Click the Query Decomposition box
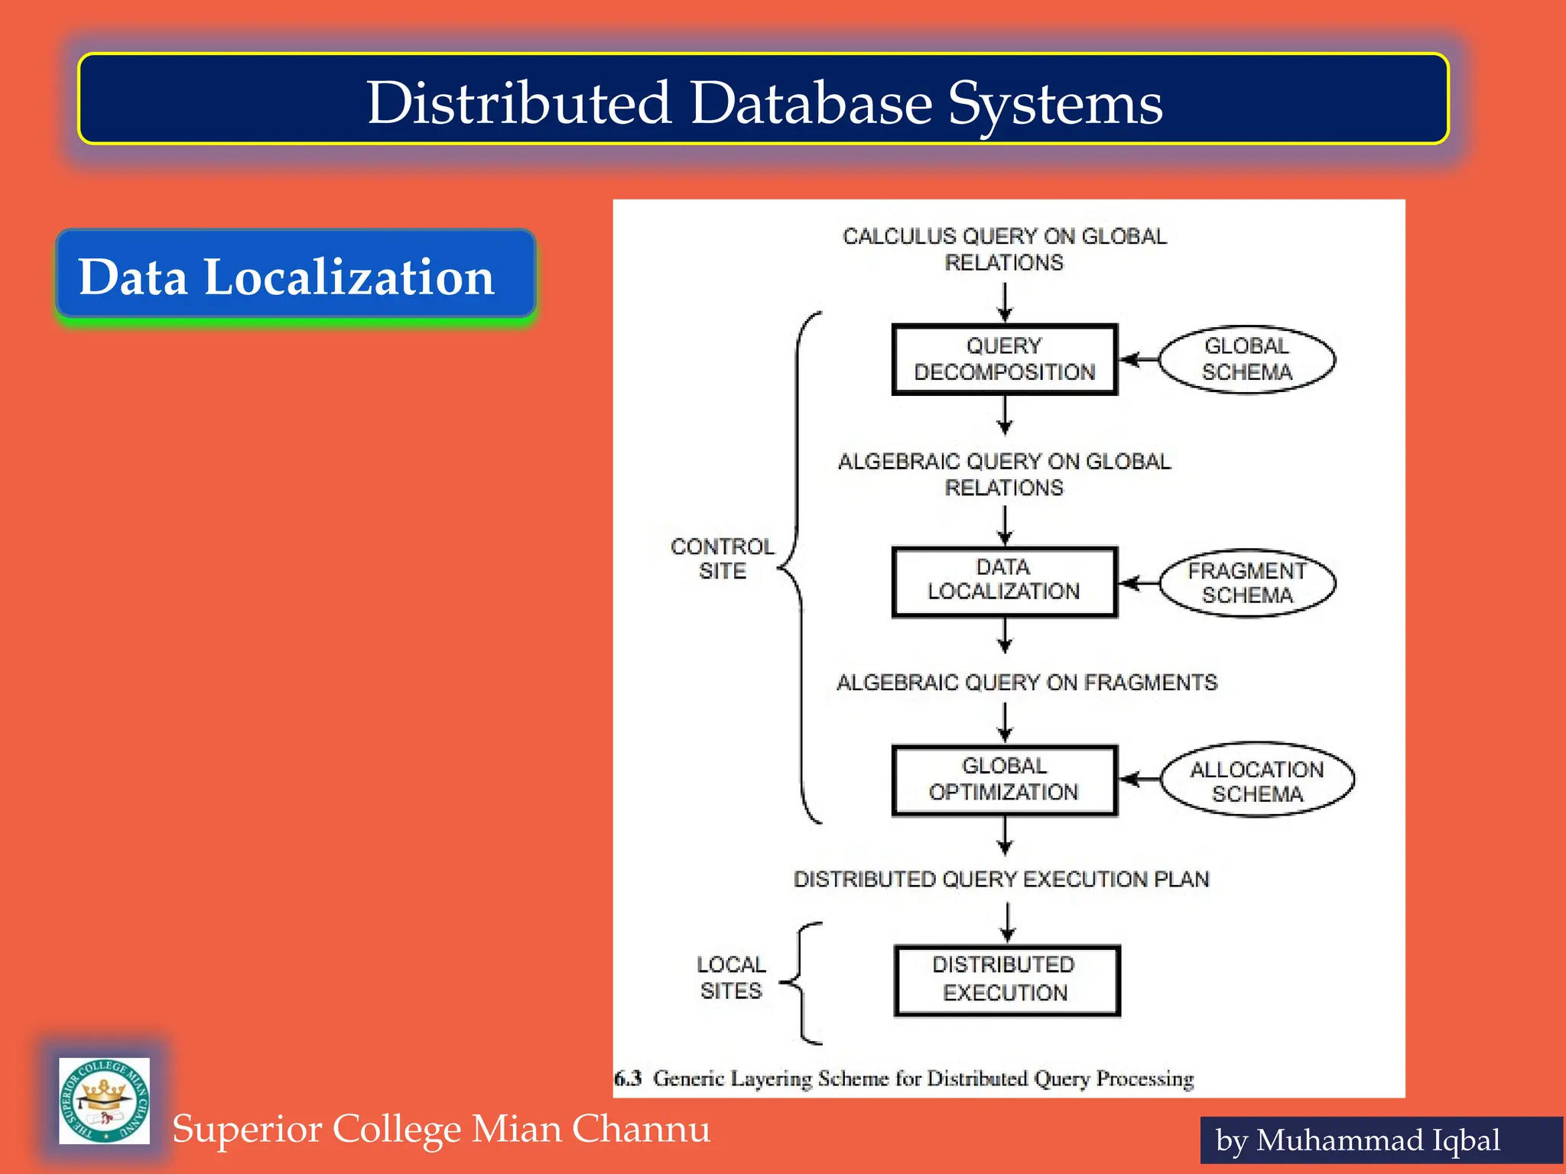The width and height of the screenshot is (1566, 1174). coord(1004,359)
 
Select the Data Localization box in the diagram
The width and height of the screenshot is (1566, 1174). coord(1004,581)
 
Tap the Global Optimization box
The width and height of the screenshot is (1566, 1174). coord(1004,780)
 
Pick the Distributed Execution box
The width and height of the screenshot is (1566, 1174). coord(1006,980)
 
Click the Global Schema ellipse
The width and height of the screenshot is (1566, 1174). coord(1246,359)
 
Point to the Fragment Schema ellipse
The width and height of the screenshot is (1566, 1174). coord(1246,583)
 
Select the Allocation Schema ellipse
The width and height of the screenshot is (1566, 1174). coord(1257,780)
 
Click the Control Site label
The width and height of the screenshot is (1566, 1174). coord(722,559)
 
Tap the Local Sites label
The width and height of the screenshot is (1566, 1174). coord(731,978)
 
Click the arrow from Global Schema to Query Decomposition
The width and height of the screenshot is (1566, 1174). coord(1139,359)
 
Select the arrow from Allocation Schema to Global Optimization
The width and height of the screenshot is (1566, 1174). coord(1140,780)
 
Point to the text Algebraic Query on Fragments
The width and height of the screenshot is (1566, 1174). coord(1026,683)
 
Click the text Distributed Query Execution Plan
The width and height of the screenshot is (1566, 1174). coord(1001,879)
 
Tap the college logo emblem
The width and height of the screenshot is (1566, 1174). coord(104,1101)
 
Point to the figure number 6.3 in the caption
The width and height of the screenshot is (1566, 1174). coord(628,1078)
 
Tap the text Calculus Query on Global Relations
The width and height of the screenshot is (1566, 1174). coord(1004,249)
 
